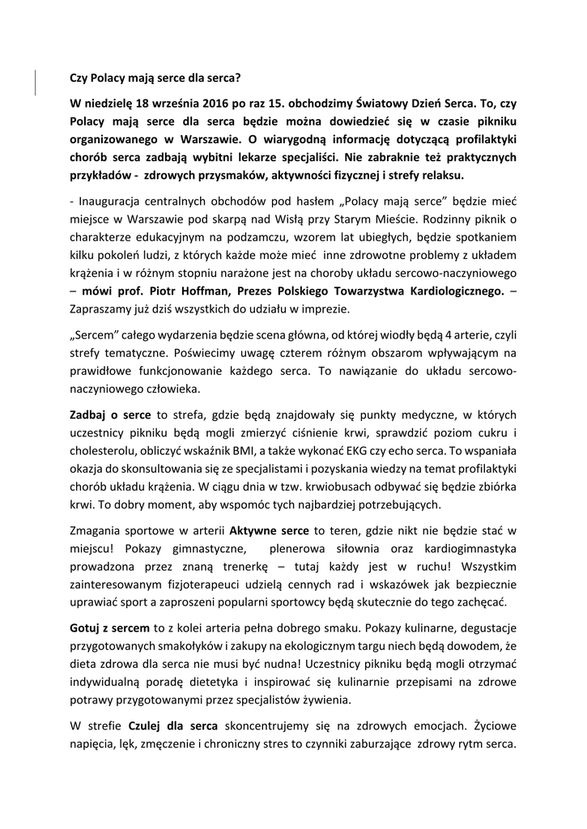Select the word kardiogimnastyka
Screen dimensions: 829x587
pos(466,548)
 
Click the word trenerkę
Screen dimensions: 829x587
pos(260,566)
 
